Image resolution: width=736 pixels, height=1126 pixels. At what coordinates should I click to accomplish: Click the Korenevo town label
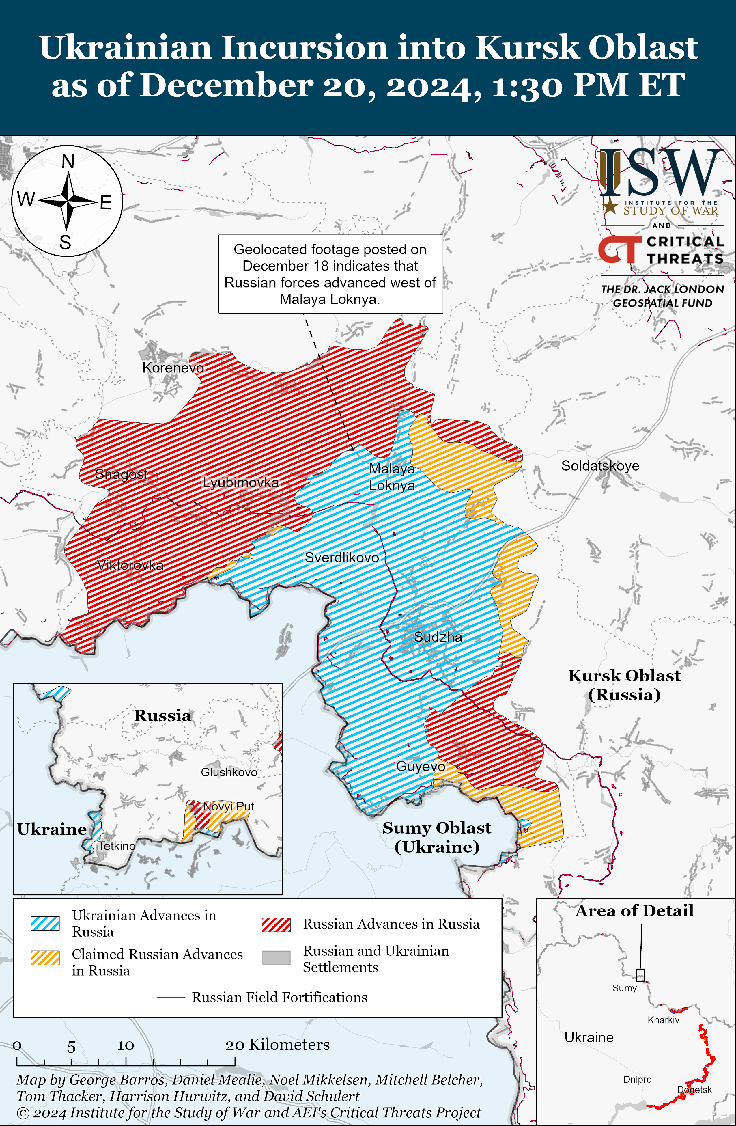pos(173,368)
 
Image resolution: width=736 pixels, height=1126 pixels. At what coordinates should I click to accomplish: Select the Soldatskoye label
pos(600,465)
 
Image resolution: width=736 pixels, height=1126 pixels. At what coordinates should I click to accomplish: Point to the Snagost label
pos(121,473)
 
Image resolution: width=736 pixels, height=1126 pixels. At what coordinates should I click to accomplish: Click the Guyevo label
pos(420,766)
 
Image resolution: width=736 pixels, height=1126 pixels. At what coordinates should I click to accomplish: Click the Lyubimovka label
pos(241,482)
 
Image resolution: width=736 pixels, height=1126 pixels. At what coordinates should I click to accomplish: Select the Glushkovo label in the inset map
pos(229,772)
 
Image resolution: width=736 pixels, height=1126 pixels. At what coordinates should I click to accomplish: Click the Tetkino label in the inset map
pos(116,846)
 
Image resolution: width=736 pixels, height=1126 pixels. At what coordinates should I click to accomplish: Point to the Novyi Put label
pos(229,806)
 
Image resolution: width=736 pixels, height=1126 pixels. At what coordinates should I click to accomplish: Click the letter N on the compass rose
pos(68,162)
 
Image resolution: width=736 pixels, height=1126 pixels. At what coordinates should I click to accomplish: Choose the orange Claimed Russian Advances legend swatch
pos(45,958)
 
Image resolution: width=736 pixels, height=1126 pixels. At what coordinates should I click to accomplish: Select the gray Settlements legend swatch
pos(276,958)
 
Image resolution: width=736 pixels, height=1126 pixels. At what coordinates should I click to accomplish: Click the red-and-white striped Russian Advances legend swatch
pos(276,924)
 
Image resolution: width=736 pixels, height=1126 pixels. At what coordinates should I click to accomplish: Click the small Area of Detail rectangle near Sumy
pos(640,975)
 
